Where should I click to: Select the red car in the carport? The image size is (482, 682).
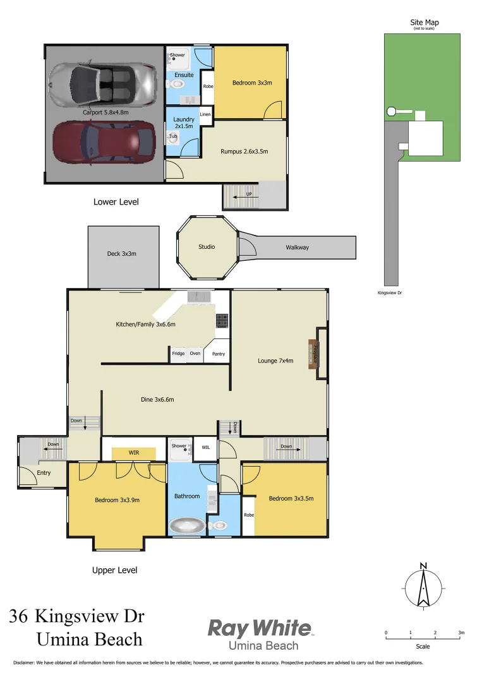[x=103, y=142]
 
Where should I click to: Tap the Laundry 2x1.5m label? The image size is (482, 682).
[x=184, y=122]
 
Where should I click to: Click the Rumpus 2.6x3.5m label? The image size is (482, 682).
[x=244, y=152]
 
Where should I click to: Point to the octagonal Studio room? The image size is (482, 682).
[x=207, y=247]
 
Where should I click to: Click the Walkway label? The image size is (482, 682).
[x=297, y=248]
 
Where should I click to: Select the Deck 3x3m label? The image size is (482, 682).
[x=122, y=254]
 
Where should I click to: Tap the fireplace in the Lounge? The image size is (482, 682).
[x=312, y=354]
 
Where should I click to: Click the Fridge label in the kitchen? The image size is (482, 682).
[x=179, y=354]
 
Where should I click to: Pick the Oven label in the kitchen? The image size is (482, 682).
[x=195, y=354]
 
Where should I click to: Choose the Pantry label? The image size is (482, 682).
[x=219, y=354]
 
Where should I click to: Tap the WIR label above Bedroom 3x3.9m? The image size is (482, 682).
[x=134, y=453]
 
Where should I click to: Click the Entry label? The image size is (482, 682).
[x=44, y=472]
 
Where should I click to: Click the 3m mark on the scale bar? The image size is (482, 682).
[x=461, y=633]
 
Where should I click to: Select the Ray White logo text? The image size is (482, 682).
[x=260, y=628]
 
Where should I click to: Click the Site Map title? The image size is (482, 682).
[x=424, y=23]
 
